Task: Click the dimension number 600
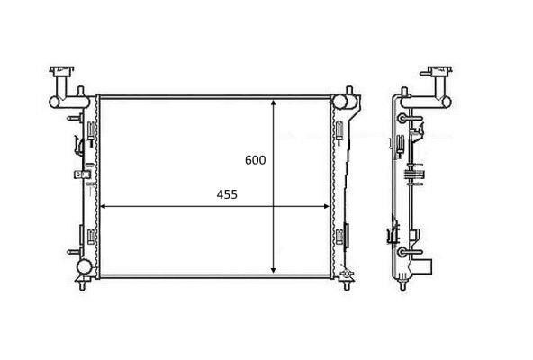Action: coord(256,160)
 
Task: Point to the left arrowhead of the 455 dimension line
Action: coord(101,207)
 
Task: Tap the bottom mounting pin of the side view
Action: coord(400,286)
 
